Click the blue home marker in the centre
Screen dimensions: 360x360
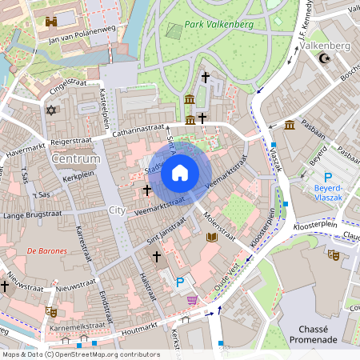(x=180, y=172)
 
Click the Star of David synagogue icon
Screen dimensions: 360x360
(x=52, y=110)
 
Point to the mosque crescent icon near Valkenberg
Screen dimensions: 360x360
(x=324, y=58)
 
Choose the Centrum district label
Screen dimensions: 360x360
(x=74, y=159)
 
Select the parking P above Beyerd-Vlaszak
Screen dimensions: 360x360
(x=327, y=177)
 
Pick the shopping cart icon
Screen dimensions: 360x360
(x=192, y=300)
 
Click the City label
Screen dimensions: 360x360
(x=117, y=210)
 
